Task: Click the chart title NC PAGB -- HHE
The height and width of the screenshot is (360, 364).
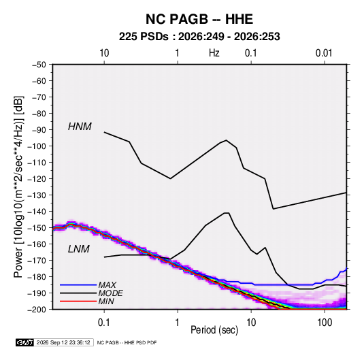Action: (199, 19)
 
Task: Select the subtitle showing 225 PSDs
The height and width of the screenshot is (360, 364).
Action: (199, 37)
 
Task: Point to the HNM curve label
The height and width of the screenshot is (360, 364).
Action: (80, 127)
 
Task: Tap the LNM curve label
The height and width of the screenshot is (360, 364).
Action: (79, 249)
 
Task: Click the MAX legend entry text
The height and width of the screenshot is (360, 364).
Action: (107, 284)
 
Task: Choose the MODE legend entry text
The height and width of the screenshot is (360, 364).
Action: (110, 293)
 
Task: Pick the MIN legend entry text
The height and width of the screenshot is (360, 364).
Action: (106, 301)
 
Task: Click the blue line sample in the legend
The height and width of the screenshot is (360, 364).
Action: (78, 284)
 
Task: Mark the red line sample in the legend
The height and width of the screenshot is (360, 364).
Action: (78, 301)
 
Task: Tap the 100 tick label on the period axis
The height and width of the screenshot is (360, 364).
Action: (325, 323)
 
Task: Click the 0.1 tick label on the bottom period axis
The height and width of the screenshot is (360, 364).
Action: (104, 323)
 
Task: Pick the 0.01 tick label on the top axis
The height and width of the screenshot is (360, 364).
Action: (324, 53)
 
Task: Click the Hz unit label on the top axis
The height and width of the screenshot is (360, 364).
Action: (214, 53)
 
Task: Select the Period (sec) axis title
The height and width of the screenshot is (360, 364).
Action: (214, 330)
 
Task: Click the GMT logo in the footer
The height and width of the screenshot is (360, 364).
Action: (25, 342)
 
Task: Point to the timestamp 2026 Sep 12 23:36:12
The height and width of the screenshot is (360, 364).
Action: (63, 342)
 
